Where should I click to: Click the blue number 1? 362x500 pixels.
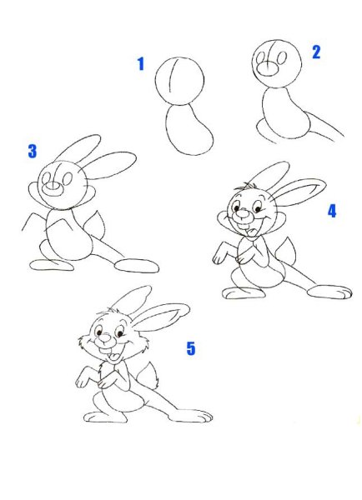[x=141, y=64]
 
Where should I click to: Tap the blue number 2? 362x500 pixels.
[x=316, y=52]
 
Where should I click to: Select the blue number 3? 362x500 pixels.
[x=33, y=151]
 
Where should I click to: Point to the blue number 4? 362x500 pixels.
[x=332, y=211]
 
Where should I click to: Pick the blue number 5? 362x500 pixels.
[x=190, y=348]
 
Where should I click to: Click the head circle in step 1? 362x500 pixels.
[x=156, y=82]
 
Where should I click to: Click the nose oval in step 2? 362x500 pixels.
[x=268, y=68]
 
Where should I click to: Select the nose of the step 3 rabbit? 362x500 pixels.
[x=53, y=189]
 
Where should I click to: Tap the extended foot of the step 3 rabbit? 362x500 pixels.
[x=137, y=266]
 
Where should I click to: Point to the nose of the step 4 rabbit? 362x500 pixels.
[x=244, y=216]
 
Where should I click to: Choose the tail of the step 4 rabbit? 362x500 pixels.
[x=286, y=251]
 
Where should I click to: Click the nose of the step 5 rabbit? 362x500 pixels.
[x=105, y=340]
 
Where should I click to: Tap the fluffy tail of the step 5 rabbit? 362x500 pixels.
[x=148, y=375]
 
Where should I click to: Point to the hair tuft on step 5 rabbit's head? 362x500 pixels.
[x=111, y=310]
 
